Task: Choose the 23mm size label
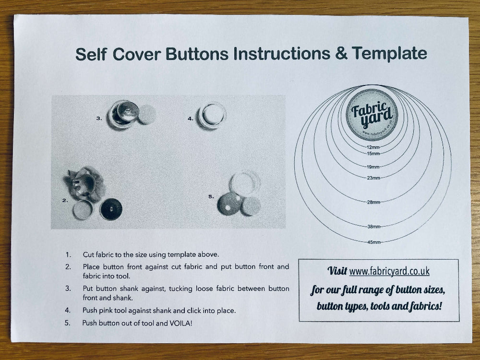pyautogui.click(x=373, y=178)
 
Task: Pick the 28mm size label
pyautogui.click(x=373, y=203)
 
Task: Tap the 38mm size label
pyautogui.click(x=373, y=227)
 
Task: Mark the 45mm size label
pyautogui.click(x=373, y=242)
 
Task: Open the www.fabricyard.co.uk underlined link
pyautogui.click(x=389, y=271)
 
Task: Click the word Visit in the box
pyautogui.click(x=337, y=271)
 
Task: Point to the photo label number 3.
pyautogui.click(x=99, y=118)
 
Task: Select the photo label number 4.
pyautogui.click(x=191, y=118)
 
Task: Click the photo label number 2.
pyautogui.click(x=65, y=201)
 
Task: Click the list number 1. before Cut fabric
pyautogui.click(x=68, y=254)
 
